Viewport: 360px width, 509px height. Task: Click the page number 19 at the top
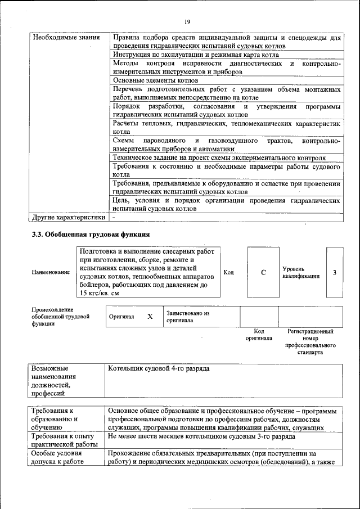tap(187, 21)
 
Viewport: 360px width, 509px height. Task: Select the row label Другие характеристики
tap(69, 217)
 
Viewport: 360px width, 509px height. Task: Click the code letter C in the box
tap(263, 272)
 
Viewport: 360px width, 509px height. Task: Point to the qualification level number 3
tap(334, 272)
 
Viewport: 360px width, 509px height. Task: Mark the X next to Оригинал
tap(150, 317)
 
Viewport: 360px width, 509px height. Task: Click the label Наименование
tap(51, 272)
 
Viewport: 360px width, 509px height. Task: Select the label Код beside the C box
tap(228, 272)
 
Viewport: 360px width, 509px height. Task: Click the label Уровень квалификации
tap(301, 272)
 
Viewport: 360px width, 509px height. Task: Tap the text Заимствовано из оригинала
tap(187, 317)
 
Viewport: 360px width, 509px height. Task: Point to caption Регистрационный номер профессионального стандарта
tap(310, 342)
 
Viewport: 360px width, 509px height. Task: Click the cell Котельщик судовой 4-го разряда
tap(159, 368)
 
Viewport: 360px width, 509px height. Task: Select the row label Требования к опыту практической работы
tap(64, 440)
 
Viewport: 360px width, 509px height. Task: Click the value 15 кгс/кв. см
tap(100, 293)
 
